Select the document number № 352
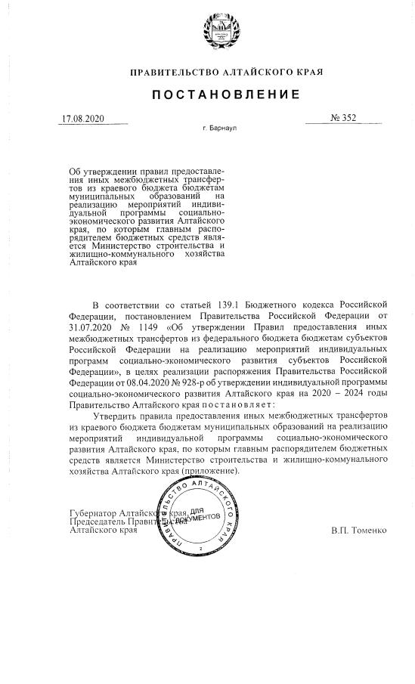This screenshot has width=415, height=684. (343, 118)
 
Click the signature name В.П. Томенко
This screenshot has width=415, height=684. (358, 530)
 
